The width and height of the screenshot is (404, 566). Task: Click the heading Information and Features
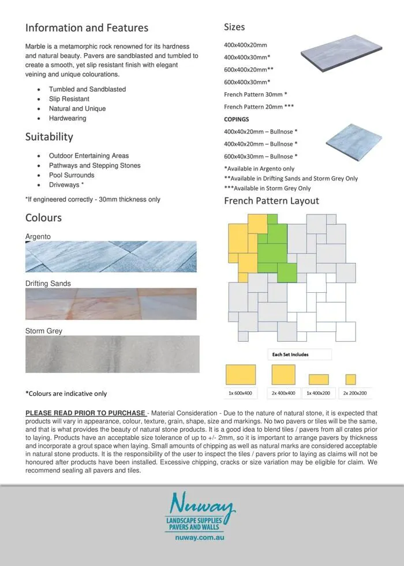pyautogui.click(x=87, y=28)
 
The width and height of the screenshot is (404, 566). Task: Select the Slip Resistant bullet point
pyautogui.click(x=69, y=99)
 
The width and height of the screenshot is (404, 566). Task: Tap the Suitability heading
pyautogui.click(x=49, y=137)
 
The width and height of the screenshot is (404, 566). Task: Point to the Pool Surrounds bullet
pyautogui.click(x=72, y=175)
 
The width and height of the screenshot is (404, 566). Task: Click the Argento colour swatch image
pyautogui.click(x=111, y=256)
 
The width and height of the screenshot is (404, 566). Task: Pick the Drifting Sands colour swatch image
pyautogui.click(x=111, y=304)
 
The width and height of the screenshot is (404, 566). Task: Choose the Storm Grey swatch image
pyautogui.click(x=112, y=354)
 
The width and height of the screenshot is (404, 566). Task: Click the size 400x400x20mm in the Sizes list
pyautogui.click(x=245, y=45)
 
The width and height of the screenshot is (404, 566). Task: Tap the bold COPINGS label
pyautogui.click(x=237, y=119)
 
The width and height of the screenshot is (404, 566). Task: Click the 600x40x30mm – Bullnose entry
pyautogui.click(x=261, y=156)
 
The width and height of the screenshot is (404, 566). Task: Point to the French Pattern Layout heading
pyautogui.click(x=271, y=201)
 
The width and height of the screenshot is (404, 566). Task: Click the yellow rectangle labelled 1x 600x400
pyautogui.click(x=240, y=374)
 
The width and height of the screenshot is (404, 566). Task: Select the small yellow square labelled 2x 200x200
pyautogui.click(x=350, y=379)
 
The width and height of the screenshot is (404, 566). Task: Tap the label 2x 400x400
pyautogui.click(x=283, y=394)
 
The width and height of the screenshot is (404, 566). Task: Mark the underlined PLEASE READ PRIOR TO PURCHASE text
pyautogui.click(x=85, y=413)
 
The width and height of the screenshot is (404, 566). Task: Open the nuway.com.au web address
pyautogui.click(x=200, y=537)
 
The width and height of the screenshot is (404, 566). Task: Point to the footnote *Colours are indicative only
pyautogui.click(x=66, y=394)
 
